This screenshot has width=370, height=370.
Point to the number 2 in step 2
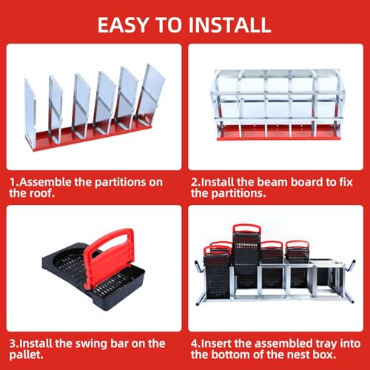193,180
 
